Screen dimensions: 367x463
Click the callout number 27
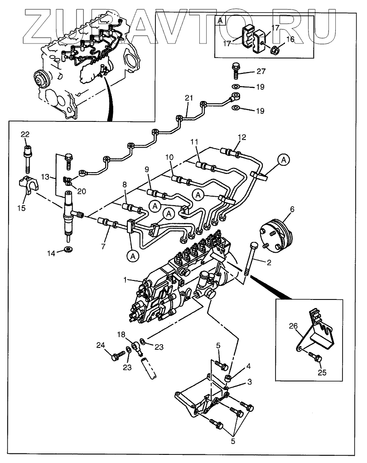click(x=261, y=71)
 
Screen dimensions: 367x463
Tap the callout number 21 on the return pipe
click(x=189, y=98)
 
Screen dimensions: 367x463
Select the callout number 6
click(x=292, y=209)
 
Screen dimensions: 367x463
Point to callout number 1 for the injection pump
click(x=125, y=280)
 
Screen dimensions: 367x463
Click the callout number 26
click(x=293, y=326)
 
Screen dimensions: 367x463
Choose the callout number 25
click(x=322, y=373)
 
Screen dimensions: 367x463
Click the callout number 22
click(x=25, y=135)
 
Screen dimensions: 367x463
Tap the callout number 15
click(x=22, y=208)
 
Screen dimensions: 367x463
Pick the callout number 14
click(x=51, y=253)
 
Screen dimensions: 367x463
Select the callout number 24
click(x=101, y=345)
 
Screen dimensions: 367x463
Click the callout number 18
click(x=121, y=334)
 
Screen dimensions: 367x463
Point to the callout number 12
click(x=242, y=137)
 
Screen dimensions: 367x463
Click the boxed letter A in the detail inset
click(x=220, y=21)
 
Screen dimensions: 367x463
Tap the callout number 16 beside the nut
click(x=290, y=39)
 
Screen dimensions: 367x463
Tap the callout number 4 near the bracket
click(x=248, y=366)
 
